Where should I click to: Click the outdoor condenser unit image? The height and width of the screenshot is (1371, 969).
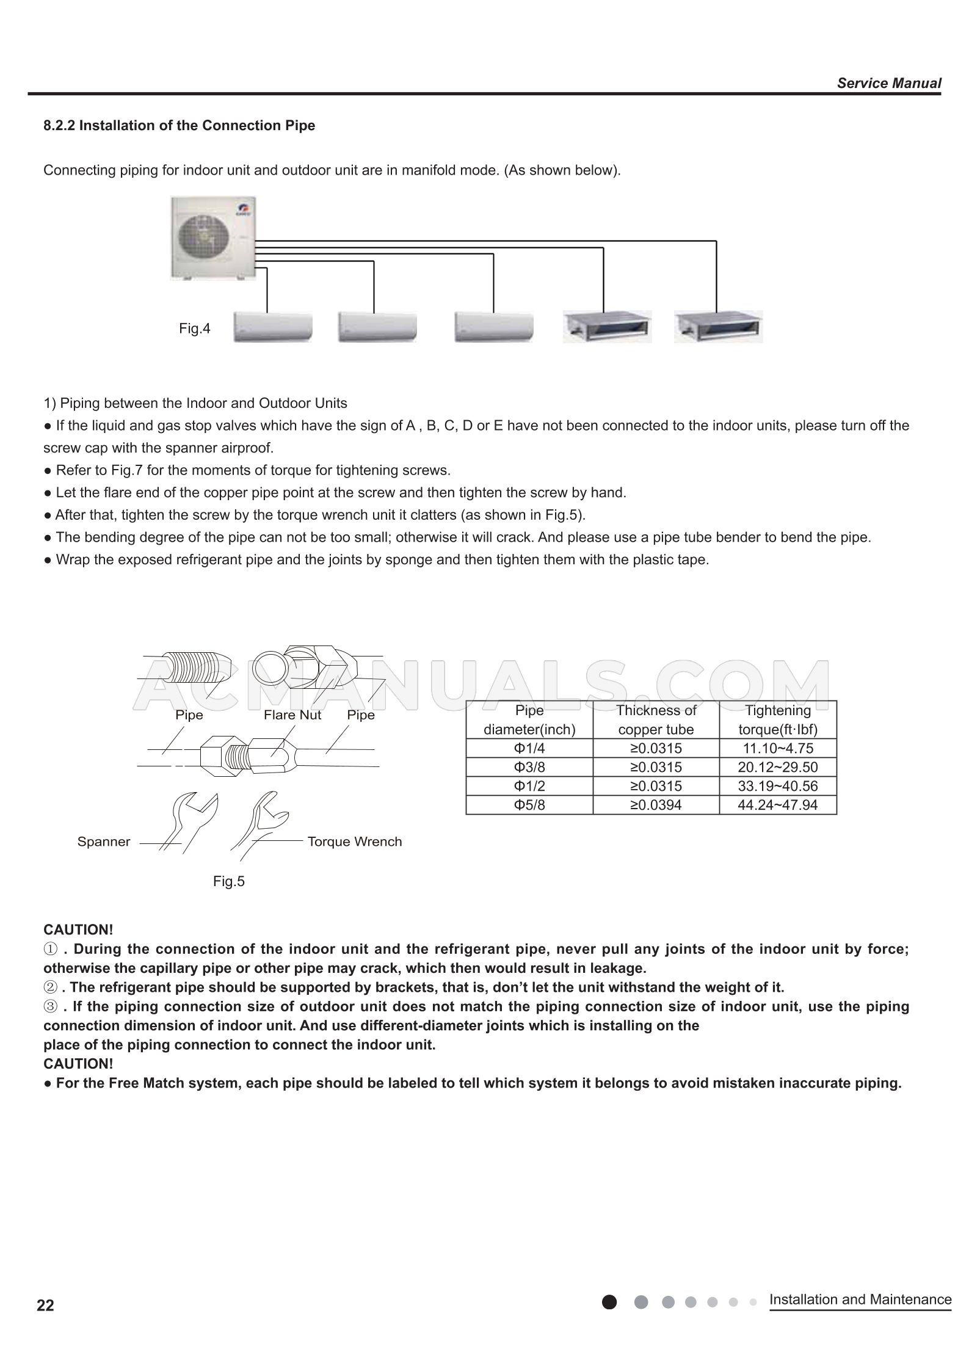point(212,238)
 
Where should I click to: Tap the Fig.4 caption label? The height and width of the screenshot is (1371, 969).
point(194,329)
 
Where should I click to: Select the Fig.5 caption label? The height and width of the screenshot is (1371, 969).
point(228,881)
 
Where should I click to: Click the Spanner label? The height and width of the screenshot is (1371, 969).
point(104,842)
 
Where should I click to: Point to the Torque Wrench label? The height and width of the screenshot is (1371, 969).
point(355,842)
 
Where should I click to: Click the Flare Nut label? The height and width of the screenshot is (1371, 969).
point(292,715)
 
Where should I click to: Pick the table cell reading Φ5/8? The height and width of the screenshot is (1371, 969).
point(529,805)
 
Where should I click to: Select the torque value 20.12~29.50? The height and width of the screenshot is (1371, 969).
point(777,767)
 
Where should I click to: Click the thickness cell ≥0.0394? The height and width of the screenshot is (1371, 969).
point(656,805)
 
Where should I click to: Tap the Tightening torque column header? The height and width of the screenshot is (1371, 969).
point(777,719)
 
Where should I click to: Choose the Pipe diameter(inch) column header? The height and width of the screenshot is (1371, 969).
point(529,719)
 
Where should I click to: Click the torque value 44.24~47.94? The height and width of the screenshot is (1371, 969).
point(777,805)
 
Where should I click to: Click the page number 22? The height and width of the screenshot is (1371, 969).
point(45,1305)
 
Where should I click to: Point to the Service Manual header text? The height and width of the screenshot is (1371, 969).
point(888,83)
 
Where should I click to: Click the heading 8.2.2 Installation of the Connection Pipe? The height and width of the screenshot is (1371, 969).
point(180,125)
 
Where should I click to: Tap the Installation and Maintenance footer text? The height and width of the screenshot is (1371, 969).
point(860,1299)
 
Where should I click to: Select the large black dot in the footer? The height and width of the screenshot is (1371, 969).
point(609,1302)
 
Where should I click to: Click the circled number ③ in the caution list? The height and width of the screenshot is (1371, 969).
point(51,1006)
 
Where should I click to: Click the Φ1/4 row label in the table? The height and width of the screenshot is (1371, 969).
point(529,748)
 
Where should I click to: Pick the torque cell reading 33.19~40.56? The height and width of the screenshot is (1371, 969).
point(777,786)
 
